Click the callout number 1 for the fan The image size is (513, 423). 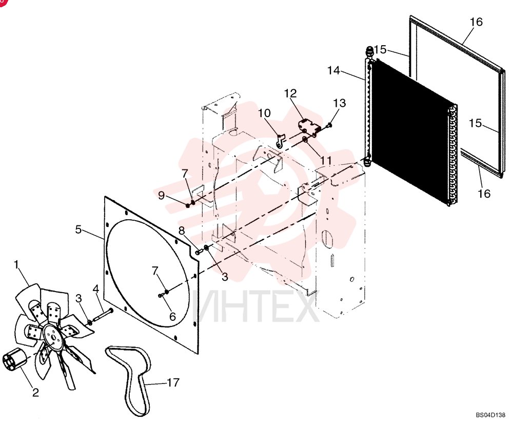(x=16, y=264)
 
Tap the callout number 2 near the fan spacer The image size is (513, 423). (x=35, y=392)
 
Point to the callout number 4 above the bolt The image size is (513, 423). (x=95, y=289)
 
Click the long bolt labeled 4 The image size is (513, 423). (x=103, y=315)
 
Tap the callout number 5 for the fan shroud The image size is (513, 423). (x=78, y=229)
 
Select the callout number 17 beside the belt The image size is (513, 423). (x=173, y=382)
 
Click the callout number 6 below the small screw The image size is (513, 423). (x=172, y=316)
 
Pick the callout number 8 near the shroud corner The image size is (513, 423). (x=182, y=231)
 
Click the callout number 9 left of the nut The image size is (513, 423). (x=161, y=195)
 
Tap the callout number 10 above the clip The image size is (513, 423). (x=264, y=113)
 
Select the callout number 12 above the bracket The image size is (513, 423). (x=290, y=93)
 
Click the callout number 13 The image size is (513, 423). (x=339, y=103)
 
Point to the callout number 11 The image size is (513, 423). (x=326, y=161)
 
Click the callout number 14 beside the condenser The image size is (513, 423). (x=333, y=70)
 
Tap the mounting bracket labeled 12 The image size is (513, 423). (x=308, y=127)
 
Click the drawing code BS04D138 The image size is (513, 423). (x=490, y=415)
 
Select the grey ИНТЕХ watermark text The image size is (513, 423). (x=256, y=307)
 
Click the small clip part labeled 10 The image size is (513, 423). (x=280, y=141)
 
